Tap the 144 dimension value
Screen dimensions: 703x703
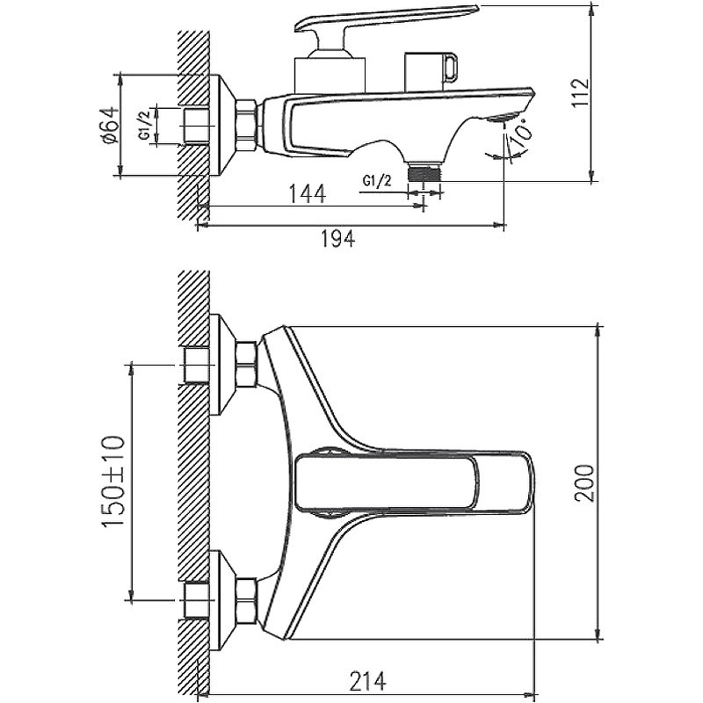pyautogui.click(x=305, y=194)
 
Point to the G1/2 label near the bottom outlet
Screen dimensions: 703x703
pyautogui.click(x=377, y=182)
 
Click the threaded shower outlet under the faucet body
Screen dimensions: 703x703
pyautogui.click(x=425, y=171)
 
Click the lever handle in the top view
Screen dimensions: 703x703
pyautogui.click(x=413, y=483)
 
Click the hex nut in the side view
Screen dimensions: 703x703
pyautogui.click(x=247, y=124)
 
